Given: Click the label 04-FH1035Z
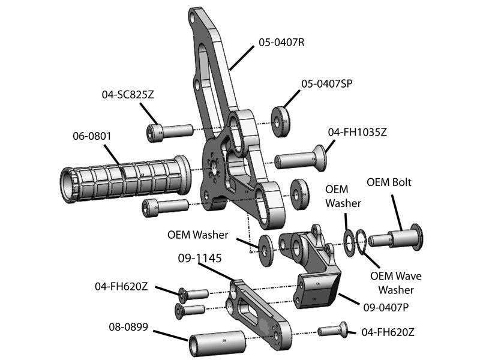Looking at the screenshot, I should tap(357, 131).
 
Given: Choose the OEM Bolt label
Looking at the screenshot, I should tap(389, 182).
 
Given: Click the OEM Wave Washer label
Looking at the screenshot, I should tap(395, 283).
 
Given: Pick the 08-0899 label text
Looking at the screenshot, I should tap(128, 328).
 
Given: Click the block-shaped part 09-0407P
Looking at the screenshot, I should tap(318, 290).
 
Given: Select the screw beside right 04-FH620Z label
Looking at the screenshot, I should tap(334, 329).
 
